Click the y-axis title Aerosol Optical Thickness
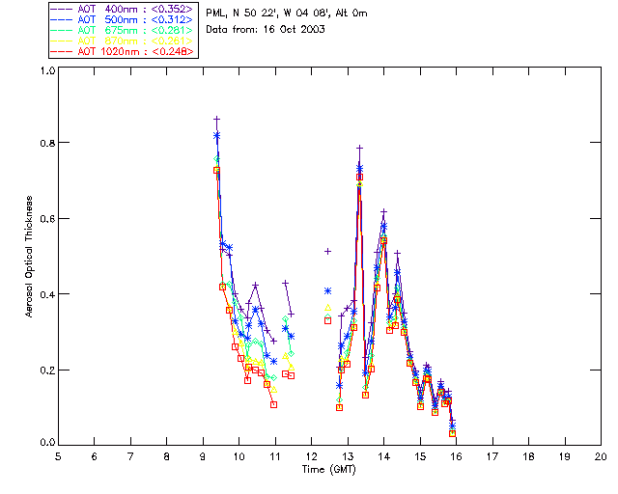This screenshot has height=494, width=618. click(x=30, y=257)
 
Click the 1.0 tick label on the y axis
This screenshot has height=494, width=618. click(x=46, y=70)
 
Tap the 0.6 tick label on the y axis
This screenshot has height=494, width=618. click(x=46, y=219)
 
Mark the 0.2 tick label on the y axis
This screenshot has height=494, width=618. click(x=46, y=370)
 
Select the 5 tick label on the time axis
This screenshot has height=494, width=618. click(x=58, y=455)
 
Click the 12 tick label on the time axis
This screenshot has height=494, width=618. click(x=311, y=455)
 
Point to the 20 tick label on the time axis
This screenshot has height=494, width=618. click(x=601, y=455)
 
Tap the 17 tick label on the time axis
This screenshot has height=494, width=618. click(x=492, y=455)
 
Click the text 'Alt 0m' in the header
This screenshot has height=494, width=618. click(x=351, y=14)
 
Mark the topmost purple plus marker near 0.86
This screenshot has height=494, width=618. click(x=216, y=119)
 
